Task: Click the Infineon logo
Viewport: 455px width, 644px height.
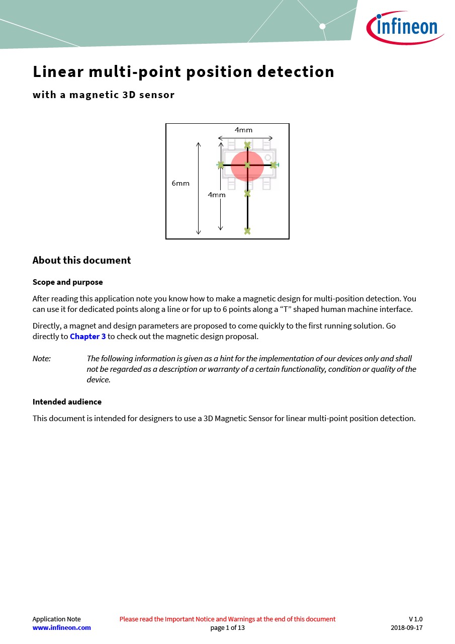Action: click(x=406, y=27)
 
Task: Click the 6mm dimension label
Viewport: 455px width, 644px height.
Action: click(x=180, y=183)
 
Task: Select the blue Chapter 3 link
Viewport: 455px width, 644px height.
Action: click(x=88, y=337)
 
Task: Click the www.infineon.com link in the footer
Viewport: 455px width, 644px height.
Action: click(x=62, y=628)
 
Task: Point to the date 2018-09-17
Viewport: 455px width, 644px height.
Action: click(x=406, y=628)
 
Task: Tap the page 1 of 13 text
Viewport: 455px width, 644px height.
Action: click(x=227, y=628)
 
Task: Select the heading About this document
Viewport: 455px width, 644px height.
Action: click(x=81, y=261)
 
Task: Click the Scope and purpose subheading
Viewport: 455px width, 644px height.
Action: click(x=67, y=282)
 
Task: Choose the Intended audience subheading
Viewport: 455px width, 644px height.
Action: click(x=67, y=402)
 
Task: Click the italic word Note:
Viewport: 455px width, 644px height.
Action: click(x=42, y=359)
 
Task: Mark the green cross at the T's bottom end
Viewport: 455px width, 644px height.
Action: click(x=247, y=231)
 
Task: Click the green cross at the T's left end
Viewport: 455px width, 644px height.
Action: click(x=221, y=165)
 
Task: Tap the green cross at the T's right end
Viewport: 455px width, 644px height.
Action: click(x=274, y=165)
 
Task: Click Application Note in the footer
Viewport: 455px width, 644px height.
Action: click(x=56, y=619)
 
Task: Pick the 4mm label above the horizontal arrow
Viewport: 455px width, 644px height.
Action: click(x=243, y=130)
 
